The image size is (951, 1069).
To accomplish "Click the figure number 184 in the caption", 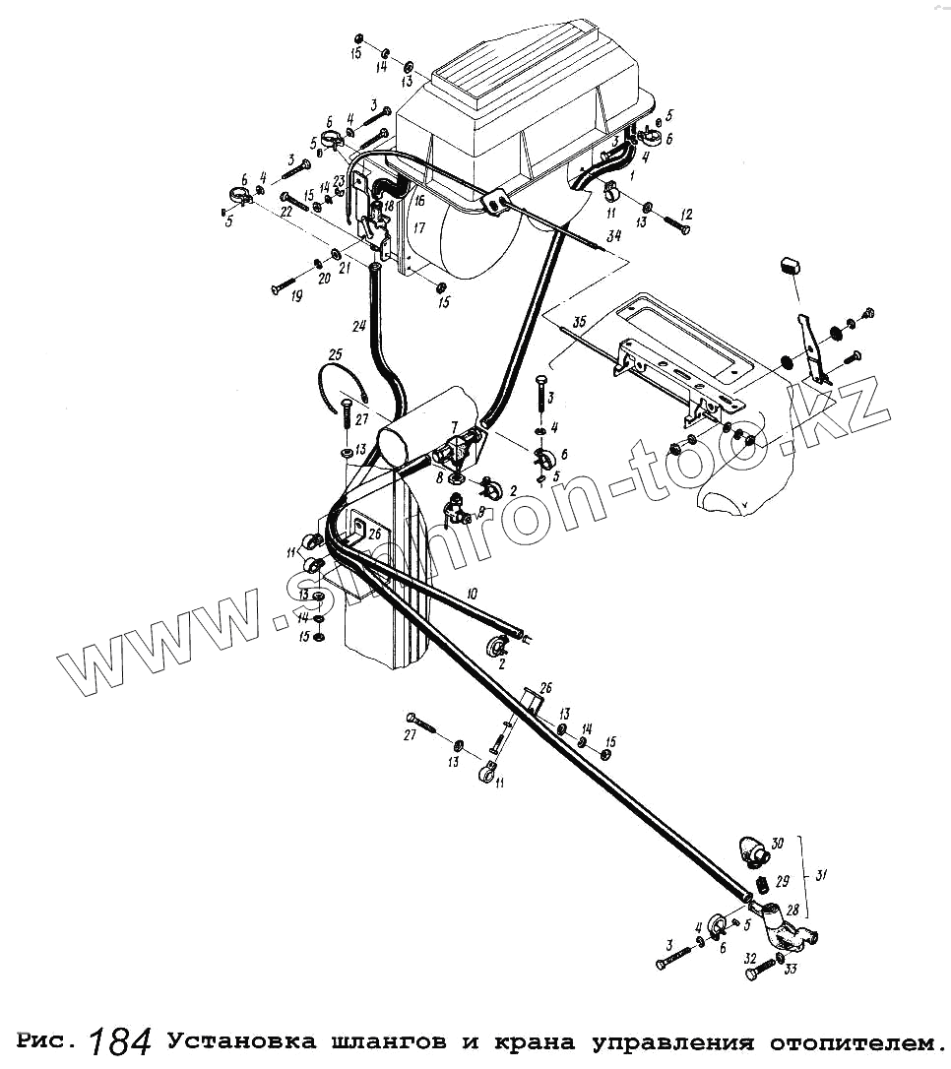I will point(120,1040).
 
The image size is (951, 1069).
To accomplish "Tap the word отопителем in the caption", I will point(848,1040).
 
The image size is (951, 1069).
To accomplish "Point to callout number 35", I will point(579,321).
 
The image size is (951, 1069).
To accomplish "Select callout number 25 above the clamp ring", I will point(335,354).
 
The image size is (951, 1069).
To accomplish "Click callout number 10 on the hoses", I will point(472,594).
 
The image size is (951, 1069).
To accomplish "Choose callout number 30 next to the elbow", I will point(777,843).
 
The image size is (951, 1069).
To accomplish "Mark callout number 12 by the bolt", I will point(686,214).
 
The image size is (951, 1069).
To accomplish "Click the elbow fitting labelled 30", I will point(751,849).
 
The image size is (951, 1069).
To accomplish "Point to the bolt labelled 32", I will point(757,971).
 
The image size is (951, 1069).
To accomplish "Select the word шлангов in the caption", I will point(373,1040).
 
